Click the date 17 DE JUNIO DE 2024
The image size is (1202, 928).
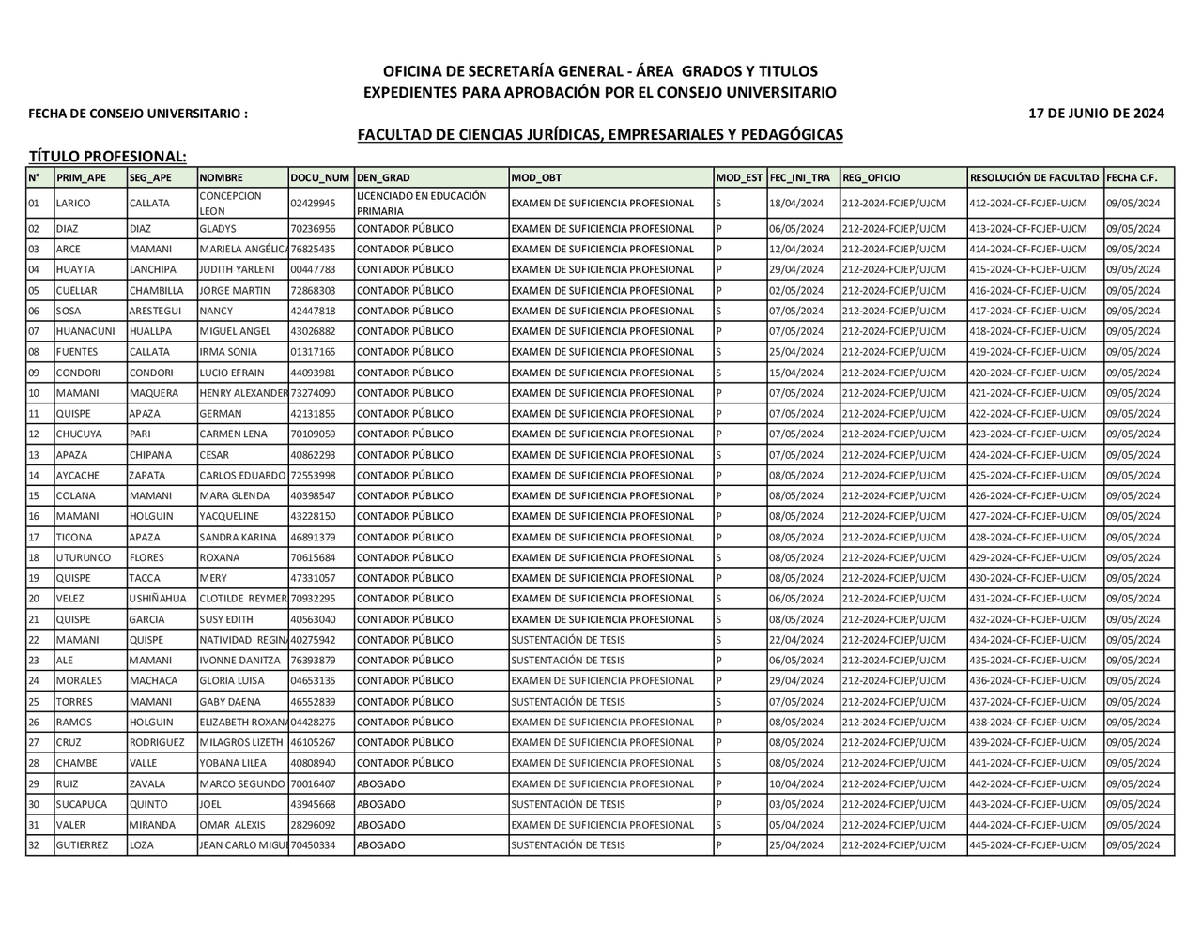[x=1096, y=114]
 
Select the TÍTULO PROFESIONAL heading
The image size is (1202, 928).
[x=108, y=156]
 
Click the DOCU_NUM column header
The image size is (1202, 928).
[x=320, y=177]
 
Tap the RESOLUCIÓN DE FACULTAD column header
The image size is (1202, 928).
[x=1034, y=177]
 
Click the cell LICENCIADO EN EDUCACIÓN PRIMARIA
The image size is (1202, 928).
[x=422, y=203]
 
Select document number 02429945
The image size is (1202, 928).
[x=313, y=203]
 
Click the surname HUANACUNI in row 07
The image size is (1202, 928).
[x=85, y=331]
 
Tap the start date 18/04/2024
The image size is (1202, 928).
[x=795, y=203]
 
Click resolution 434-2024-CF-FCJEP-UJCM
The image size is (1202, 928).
[x=1028, y=640]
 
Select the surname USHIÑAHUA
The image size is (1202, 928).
[x=159, y=599]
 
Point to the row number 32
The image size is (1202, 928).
[x=34, y=845]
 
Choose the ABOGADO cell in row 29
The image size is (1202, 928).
[x=381, y=783]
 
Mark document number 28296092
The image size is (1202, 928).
[x=313, y=825]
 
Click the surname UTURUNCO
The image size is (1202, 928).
[x=85, y=557]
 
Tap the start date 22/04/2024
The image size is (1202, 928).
[x=795, y=640]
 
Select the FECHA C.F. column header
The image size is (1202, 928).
[x=1133, y=177]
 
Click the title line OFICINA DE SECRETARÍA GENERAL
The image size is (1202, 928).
[x=600, y=71]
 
